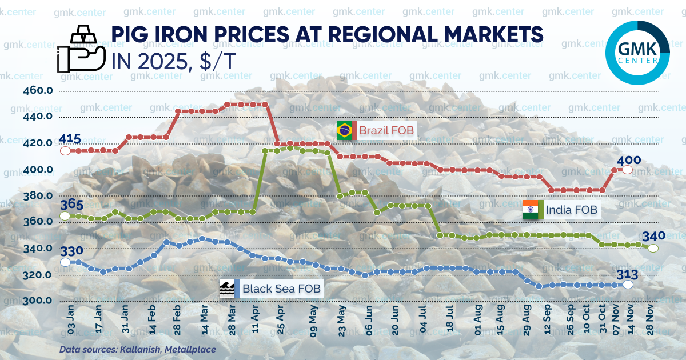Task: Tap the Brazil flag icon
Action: click(345, 130)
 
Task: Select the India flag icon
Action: click(531, 210)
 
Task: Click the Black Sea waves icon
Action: click(227, 289)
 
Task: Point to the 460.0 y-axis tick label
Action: click(38, 90)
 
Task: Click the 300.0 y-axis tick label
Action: click(38, 301)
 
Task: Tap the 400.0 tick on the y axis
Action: click(38, 170)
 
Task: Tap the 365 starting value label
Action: click(71, 205)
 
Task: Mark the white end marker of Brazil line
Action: click(627, 170)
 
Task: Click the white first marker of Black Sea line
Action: click(65, 262)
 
